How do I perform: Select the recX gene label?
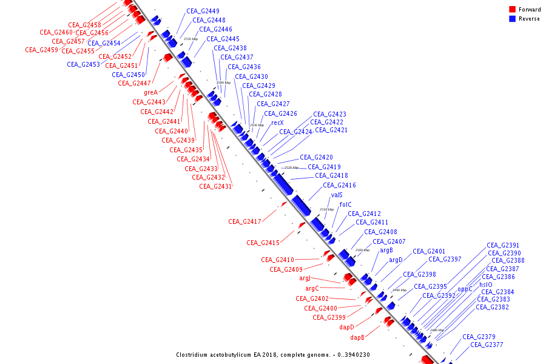277,123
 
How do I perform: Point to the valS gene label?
337,195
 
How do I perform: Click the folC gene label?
345,204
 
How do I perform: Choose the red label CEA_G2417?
244,221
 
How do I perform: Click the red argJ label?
305,278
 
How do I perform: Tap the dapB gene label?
357,337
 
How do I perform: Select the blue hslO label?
486,285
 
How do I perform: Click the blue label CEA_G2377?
487,345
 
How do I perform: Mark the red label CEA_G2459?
41,50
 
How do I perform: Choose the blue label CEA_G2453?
83,64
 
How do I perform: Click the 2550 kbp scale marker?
190,39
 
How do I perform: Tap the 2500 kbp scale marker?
362,250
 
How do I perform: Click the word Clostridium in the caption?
195,355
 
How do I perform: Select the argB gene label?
386,250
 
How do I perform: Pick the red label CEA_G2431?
215,186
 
